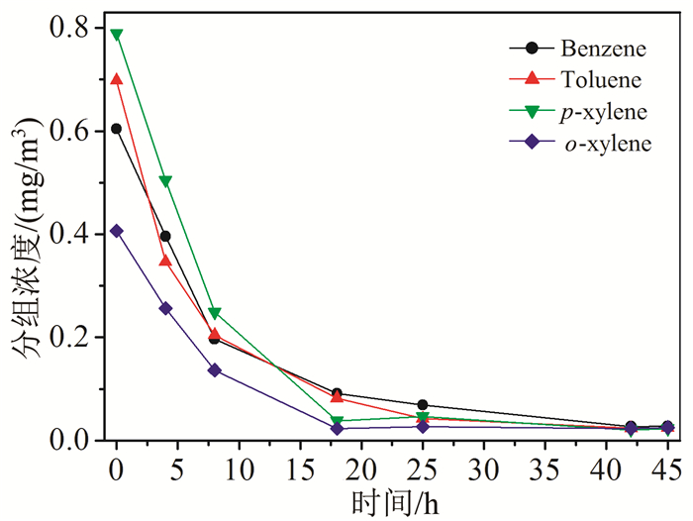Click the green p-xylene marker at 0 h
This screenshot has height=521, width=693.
point(117,35)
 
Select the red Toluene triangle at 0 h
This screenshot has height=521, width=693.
point(117,79)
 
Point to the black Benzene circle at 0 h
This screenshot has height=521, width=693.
point(117,129)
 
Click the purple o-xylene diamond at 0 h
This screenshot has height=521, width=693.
point(117,231)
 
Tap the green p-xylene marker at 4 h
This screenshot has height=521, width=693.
point(165,181)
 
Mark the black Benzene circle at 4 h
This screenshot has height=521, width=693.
point(165,236)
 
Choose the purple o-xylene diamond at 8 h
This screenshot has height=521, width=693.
point(214,370)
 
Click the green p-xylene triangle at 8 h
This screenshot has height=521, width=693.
point(214,314)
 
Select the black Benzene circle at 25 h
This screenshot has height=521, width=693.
point(423,405)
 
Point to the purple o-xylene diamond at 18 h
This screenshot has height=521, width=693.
point(338,428)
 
